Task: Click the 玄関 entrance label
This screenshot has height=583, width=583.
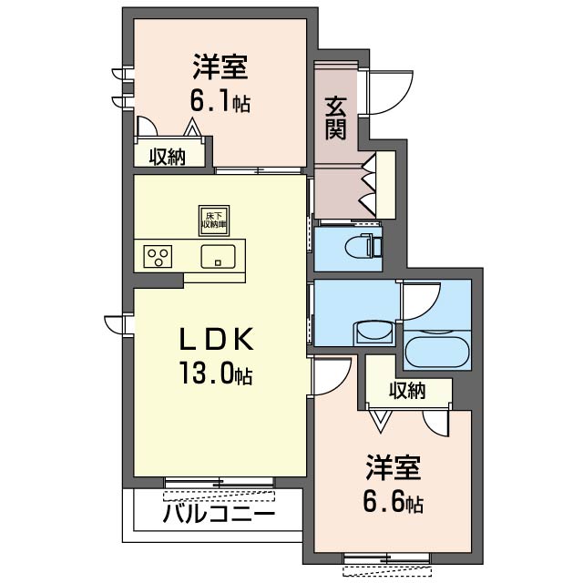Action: tap(335, 118)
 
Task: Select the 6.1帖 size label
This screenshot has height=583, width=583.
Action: tap(220, 103)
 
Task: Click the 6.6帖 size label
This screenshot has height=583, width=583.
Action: tap(394, 501)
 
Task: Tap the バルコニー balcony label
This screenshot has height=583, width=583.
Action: tap(219, 514)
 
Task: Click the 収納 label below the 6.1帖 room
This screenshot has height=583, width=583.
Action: tap(168, 156)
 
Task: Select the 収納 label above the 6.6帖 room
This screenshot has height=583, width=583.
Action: tap(407, 391)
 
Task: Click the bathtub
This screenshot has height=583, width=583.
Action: tap(435, 352)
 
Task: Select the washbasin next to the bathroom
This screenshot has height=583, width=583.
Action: tap(372, 329)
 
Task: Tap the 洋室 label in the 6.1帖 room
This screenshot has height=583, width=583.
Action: tap(220, 68)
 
